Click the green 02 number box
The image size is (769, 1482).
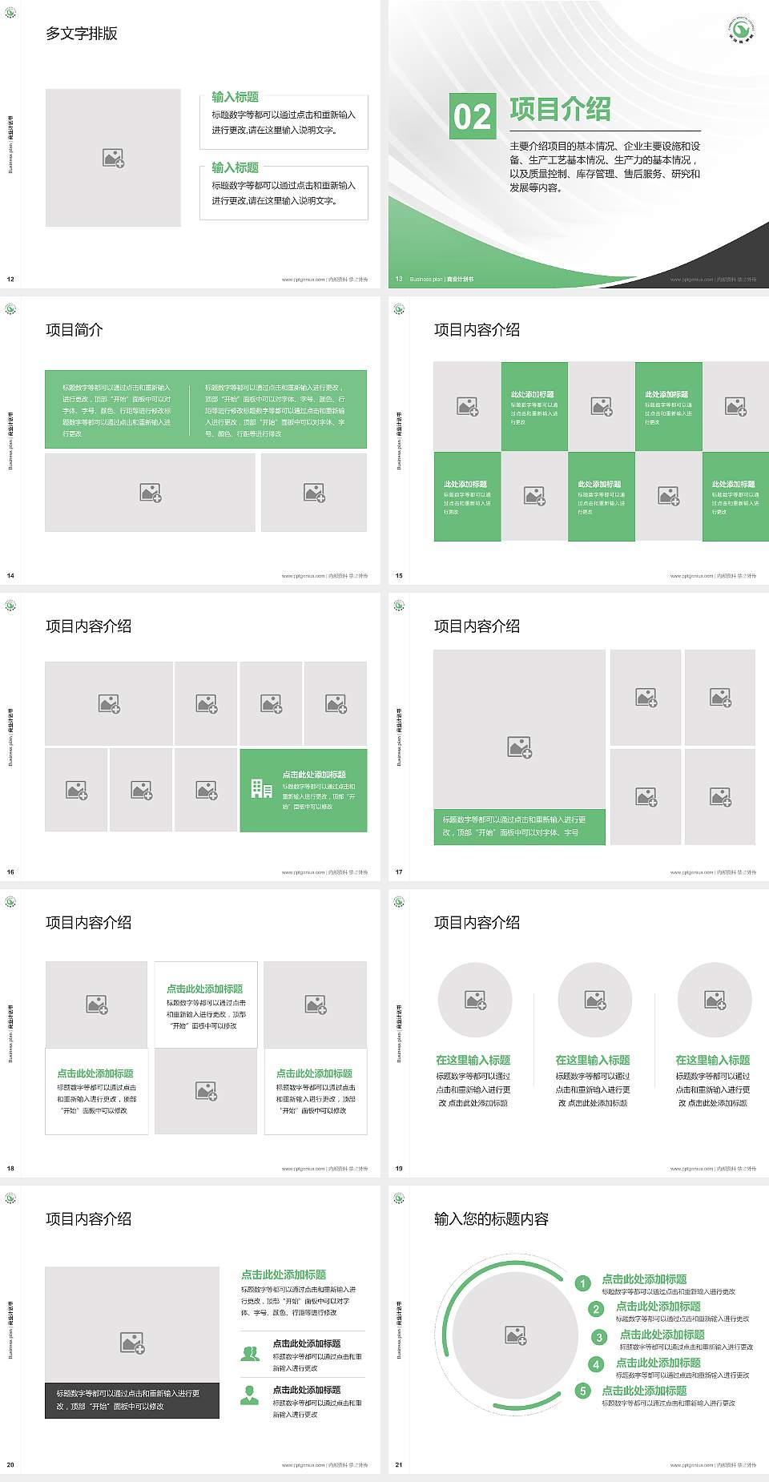473,116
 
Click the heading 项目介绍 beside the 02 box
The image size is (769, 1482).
560,110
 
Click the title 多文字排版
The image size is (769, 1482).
82,34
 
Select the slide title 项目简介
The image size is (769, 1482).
74,330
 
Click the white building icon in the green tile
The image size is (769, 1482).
261,789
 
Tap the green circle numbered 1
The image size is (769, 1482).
583,1283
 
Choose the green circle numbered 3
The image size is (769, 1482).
598,1337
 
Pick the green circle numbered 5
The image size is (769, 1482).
583,1391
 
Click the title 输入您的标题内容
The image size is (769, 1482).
491,1219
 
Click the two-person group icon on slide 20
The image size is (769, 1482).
250,1353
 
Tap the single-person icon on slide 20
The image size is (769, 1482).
250,1395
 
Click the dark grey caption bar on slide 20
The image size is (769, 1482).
132,1400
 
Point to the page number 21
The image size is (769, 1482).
399,1465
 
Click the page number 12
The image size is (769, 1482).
10,280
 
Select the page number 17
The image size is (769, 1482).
399,872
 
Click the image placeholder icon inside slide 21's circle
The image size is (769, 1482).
516,1335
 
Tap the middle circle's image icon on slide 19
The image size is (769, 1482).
595,1000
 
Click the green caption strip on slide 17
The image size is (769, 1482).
519,826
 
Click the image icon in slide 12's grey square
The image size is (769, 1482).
113,158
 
